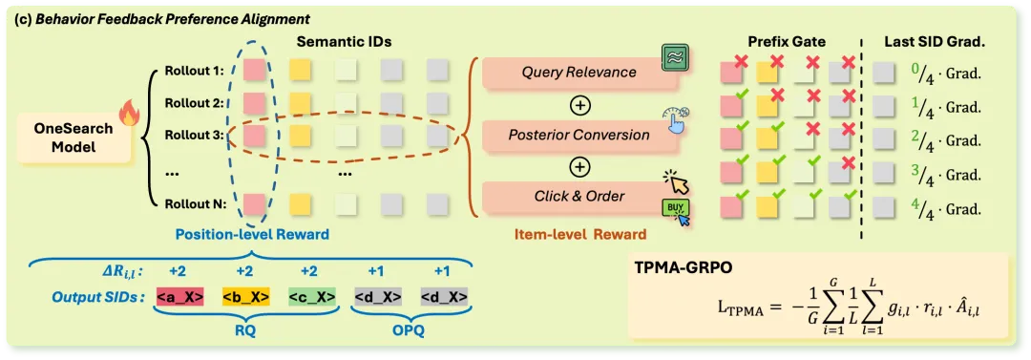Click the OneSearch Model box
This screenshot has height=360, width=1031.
tap(72, 138)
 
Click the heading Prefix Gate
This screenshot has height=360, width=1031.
tap(787, 42)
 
